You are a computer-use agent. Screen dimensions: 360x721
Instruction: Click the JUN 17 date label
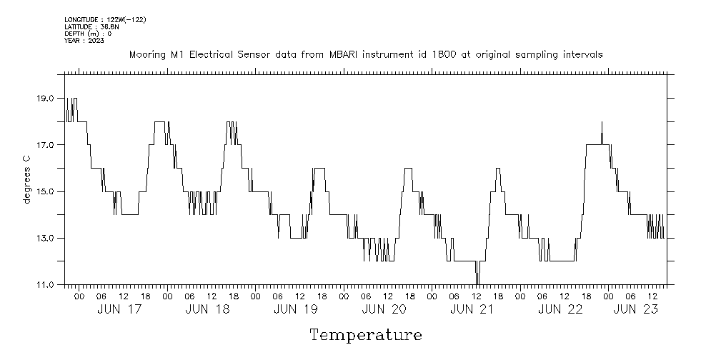point(119,309)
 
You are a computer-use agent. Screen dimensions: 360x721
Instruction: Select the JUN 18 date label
point(207,309)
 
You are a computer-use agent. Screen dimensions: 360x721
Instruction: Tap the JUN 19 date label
point(296,309)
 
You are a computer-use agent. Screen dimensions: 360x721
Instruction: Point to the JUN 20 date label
point(384,309)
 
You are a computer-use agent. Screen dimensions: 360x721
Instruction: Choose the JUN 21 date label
point(472,309)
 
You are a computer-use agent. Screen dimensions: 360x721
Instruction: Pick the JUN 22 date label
point(561,309)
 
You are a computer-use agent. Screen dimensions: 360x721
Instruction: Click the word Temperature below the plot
point(365,334)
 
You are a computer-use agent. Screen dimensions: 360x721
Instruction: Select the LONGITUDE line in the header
point(105,19)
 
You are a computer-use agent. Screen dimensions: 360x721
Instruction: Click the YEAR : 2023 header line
point(84,41)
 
